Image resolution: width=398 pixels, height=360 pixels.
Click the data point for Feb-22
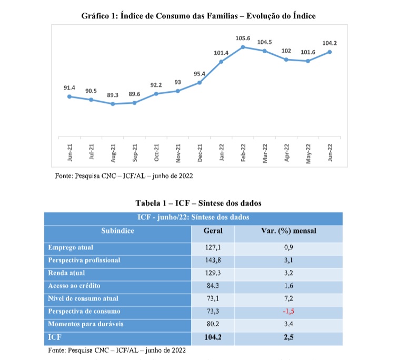[243, 47]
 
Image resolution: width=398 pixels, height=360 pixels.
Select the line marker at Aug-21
[113, 104]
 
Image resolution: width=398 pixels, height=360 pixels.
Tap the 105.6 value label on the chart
[243, 38]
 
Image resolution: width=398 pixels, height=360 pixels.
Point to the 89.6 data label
[134, 94]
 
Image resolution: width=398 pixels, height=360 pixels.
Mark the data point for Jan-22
[221, 62]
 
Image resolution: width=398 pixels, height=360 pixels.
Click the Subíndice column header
[117, 230]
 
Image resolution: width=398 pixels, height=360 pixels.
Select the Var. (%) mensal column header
[288, 230]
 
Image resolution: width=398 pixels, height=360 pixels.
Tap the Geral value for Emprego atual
[213, 247]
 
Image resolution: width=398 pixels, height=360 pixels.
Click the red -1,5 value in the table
[288, 311]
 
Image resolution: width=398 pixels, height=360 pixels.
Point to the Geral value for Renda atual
[213, 273]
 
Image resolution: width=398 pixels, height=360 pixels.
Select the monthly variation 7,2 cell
[288, 298]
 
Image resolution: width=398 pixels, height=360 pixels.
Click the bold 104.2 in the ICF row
[213, 337]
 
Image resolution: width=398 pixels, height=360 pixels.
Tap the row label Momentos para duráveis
[85, 324]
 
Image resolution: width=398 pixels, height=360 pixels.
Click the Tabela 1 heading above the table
[198, 202]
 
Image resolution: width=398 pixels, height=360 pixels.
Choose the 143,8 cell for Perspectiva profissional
[213, 260]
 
